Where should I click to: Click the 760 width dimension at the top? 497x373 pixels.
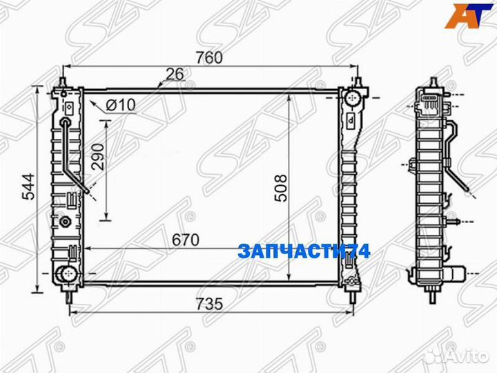[x=208, y=58]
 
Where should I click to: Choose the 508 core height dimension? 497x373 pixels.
[x=277, y=184]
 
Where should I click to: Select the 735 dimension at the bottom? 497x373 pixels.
[x=208, y=305]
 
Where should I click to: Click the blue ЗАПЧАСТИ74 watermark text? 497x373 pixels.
[x=304, y=251]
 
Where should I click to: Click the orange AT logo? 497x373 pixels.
[x=465, y=16]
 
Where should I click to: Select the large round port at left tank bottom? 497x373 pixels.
[x=66, y=273]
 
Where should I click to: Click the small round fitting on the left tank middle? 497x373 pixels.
[x=66, y=222]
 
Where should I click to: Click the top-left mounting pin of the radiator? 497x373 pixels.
[x=63, y=82]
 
